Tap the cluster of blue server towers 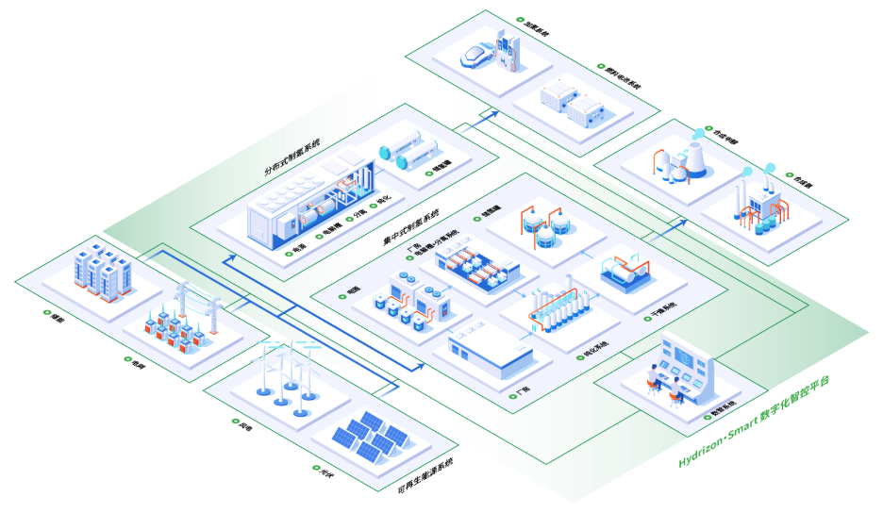pyautogui.click(x=102, y=270)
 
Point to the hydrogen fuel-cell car pyautogui.click(x=479, y=57)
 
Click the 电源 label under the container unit pyautogui.click(x=298, y=252)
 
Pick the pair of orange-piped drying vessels pyautogui.click(x=622, y=273)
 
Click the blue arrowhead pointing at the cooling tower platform pyautogui.click(x=681, y=223)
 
